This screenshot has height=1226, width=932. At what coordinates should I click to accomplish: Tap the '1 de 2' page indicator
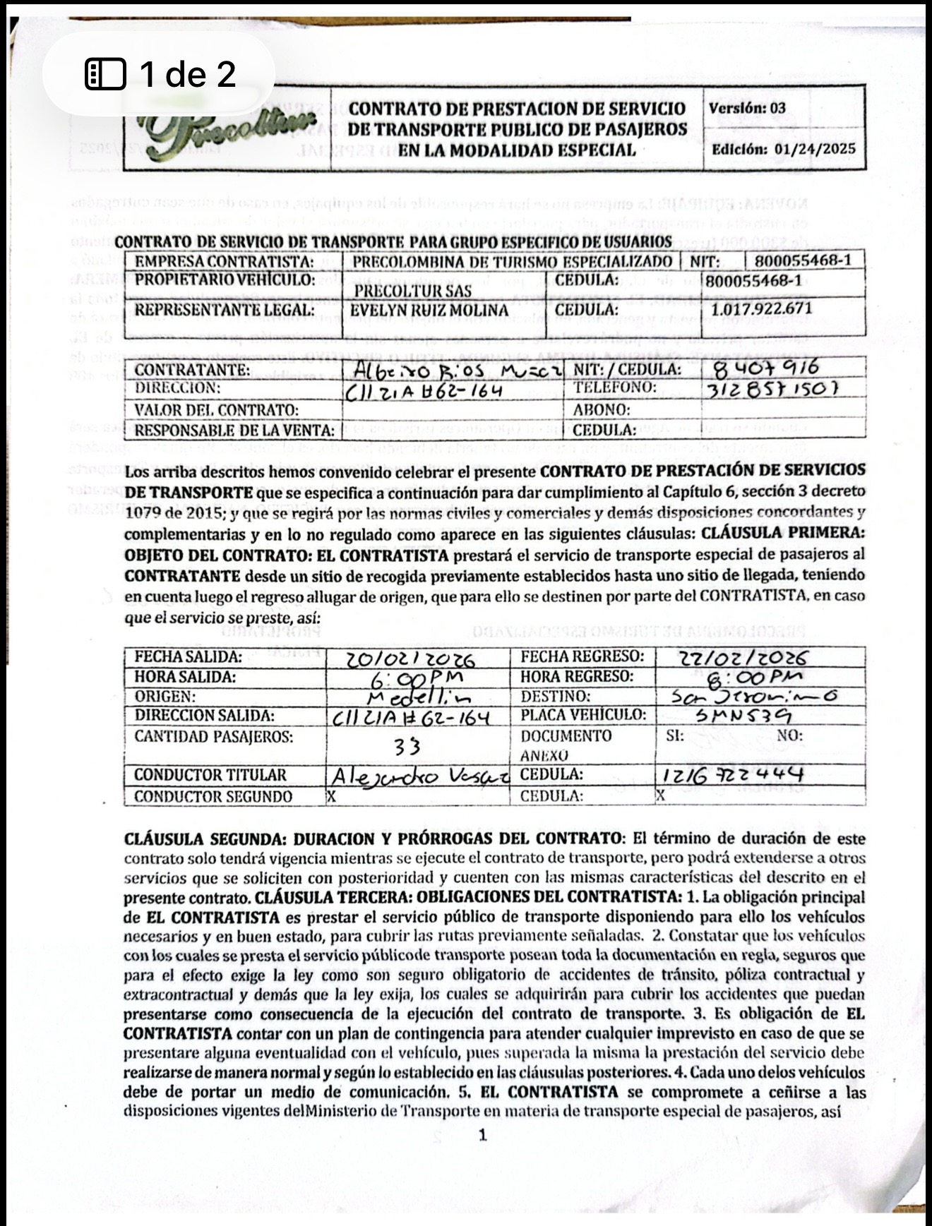(x=160, y=74)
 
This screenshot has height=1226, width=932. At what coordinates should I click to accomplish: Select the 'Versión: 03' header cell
(x=747, y=108)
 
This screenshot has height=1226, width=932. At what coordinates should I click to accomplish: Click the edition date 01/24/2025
(x=814, y=149)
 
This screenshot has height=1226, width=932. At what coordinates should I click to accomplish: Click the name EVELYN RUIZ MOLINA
(x=429, y=311)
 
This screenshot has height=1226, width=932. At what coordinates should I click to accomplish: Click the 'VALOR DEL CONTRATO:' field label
(x=216, y=410)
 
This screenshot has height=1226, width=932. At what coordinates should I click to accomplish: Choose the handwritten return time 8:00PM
(x=751, y=678)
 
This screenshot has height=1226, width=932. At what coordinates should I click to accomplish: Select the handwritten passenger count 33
(x=407, y=746)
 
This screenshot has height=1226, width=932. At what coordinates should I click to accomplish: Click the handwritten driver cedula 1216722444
(x=733, y=775)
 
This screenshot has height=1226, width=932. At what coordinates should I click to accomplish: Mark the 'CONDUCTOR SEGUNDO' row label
(x=213, y=797)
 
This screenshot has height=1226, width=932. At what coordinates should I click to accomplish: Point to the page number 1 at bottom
(x=482, y=1136)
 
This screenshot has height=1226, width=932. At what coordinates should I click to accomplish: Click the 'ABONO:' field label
(x=601, y=409)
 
